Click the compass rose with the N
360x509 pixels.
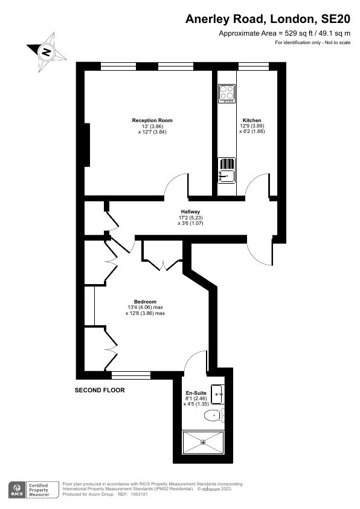pos(46,52)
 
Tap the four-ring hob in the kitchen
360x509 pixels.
pos(227,94)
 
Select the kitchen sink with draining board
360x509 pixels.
pos(227,170)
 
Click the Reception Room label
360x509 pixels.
pos(152,120)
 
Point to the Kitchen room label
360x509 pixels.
pos(252,120)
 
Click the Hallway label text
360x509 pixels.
pos(190,212)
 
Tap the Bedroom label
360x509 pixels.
pos(146,302)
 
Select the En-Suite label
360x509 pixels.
pos(196,393)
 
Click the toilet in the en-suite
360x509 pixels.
pos(214,415)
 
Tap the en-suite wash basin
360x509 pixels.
pos(217,394)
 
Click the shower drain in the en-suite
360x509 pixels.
pos(204,442)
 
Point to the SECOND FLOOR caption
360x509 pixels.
pos(100,390)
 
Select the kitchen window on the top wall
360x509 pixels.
pos(254,66)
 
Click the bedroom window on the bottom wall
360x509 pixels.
pos(131,375)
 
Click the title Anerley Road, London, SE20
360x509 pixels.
pos(268,19)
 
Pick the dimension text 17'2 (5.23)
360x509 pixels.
pos(190,218)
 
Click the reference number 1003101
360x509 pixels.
pos(139,494)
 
